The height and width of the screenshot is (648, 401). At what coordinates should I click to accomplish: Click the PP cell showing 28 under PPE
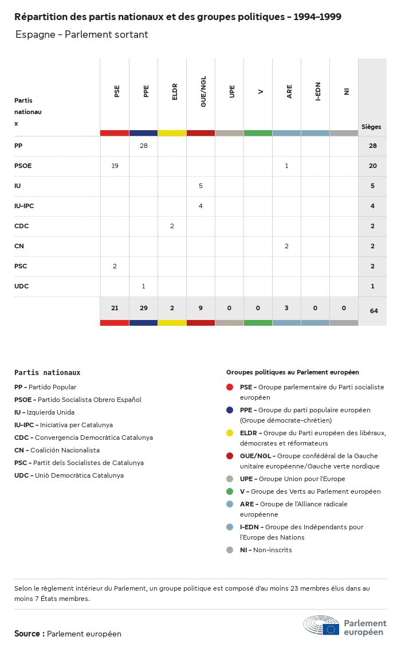click(x=143, y=146)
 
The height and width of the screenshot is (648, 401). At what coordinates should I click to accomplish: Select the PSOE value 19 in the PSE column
click(x=115, y=166)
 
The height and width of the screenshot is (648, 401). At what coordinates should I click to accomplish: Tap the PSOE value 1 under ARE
click(x=286, y=166)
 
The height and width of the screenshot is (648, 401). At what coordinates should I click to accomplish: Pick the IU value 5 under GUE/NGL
click(x=200, y=186)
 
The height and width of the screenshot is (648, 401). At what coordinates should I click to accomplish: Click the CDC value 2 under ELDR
click(x=172, y=226)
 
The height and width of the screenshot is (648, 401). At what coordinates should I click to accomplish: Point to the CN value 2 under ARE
click(x=286, y=246)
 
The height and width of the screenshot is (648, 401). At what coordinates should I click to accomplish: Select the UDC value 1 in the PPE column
click(x=143, y=286)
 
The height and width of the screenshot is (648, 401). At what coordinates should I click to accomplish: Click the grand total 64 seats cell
click(x=374, y=311)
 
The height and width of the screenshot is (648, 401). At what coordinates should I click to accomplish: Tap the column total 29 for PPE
click(x=143, y=308)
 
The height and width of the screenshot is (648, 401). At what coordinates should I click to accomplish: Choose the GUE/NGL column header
click(x=203, y=91)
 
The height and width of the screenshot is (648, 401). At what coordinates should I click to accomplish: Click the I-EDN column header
click(x=317, y=91)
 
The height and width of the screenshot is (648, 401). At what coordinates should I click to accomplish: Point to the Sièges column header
click(x=371, y=127)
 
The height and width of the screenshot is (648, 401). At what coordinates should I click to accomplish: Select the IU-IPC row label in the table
click(x=24, y=206)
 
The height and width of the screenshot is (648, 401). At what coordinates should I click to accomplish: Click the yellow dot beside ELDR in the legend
click(x=230, y=433)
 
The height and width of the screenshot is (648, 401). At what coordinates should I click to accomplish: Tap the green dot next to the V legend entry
click(x=230, y=491)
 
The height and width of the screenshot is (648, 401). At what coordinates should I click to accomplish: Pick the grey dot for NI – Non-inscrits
click(x=230, y=550)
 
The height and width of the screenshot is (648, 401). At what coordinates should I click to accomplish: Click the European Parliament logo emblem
click(x=321, y=625)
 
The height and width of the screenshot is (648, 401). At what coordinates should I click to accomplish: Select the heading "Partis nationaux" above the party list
click(x=48, y=372)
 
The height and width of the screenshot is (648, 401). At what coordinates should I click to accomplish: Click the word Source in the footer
click(x=27, y=634)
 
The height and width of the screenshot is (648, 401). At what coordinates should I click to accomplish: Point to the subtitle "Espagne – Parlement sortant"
click(x=82, y=34)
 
